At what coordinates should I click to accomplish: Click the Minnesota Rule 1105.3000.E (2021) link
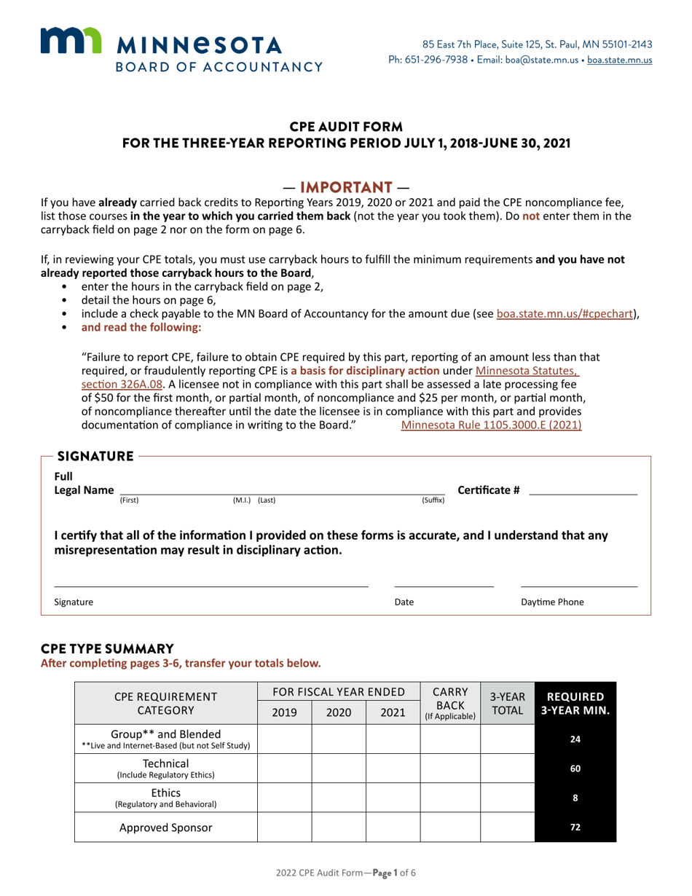[492, 425]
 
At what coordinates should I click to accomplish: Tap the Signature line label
[74, 602]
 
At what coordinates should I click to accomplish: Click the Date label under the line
[404, 602]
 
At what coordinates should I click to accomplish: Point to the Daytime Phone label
[552, 602]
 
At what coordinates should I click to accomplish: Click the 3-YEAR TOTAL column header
[507, 704]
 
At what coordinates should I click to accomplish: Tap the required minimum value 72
[575, 827]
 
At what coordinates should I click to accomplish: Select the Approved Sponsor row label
[166, 827]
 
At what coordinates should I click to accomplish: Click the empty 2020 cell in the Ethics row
[339, 797]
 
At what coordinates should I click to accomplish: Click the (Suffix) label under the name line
[433, 500]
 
